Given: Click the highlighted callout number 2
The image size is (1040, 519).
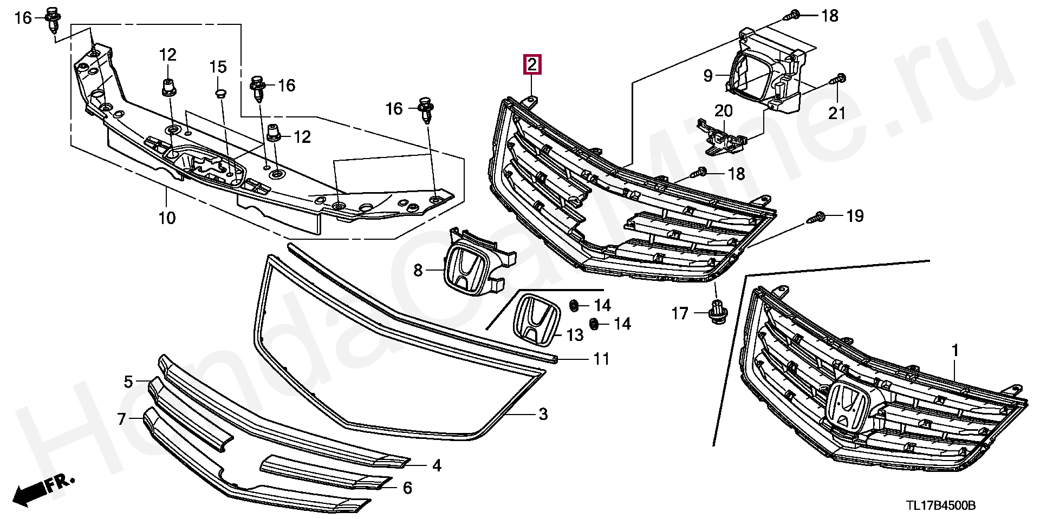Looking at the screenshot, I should tap(531, 65).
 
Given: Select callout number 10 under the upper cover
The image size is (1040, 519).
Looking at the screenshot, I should tap(167, 218).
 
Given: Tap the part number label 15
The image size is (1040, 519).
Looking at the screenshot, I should tap(218, 67).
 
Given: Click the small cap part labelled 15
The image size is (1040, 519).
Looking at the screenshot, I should tap(219, 95).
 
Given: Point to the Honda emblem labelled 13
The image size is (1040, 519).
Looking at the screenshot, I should tap(536, 319).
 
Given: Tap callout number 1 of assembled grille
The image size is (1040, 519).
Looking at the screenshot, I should tap(955, 351).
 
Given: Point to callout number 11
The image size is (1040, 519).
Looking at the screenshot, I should tap(601, 359).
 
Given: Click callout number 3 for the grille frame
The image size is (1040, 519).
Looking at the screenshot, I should tap(543, 415).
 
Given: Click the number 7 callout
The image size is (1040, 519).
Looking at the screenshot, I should tap(121, 418).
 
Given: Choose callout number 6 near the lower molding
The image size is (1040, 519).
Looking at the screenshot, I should tap(407, 488).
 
